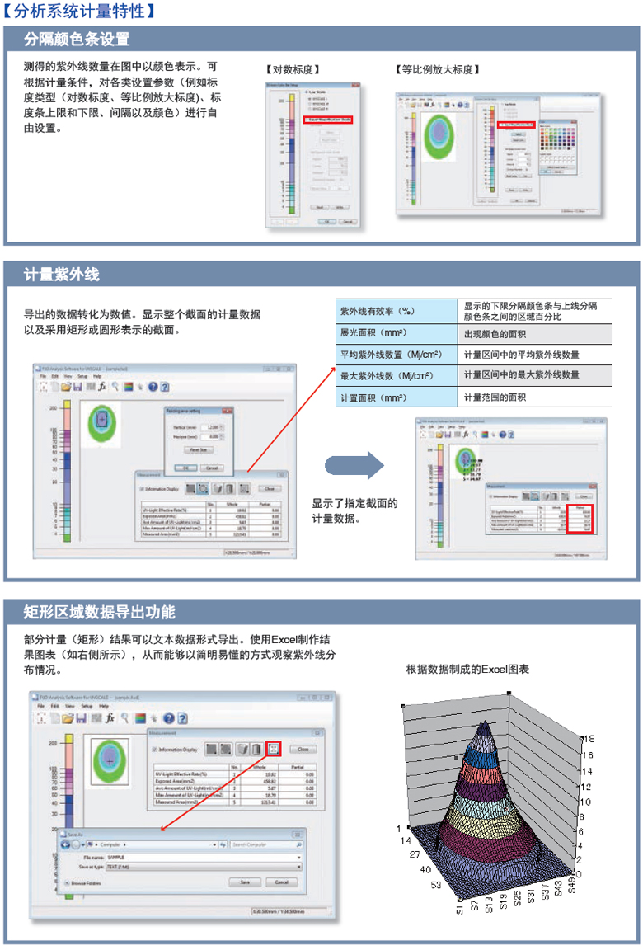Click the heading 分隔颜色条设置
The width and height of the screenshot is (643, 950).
pos(77,39)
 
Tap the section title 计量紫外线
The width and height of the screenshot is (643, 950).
pos(62,274)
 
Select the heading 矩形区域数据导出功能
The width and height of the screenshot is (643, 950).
pos(99,612)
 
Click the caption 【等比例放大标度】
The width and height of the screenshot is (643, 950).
pos(438,69)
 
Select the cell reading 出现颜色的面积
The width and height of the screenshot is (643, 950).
pos(495,334)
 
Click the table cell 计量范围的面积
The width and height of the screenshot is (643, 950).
pos(495,397)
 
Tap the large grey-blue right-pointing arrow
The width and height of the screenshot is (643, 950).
pos(354,464)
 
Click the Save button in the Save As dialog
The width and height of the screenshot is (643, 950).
pos(245,882)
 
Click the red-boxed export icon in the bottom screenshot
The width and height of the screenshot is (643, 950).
pos(275,749)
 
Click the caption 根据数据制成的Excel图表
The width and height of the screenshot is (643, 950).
pos(467,670)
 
